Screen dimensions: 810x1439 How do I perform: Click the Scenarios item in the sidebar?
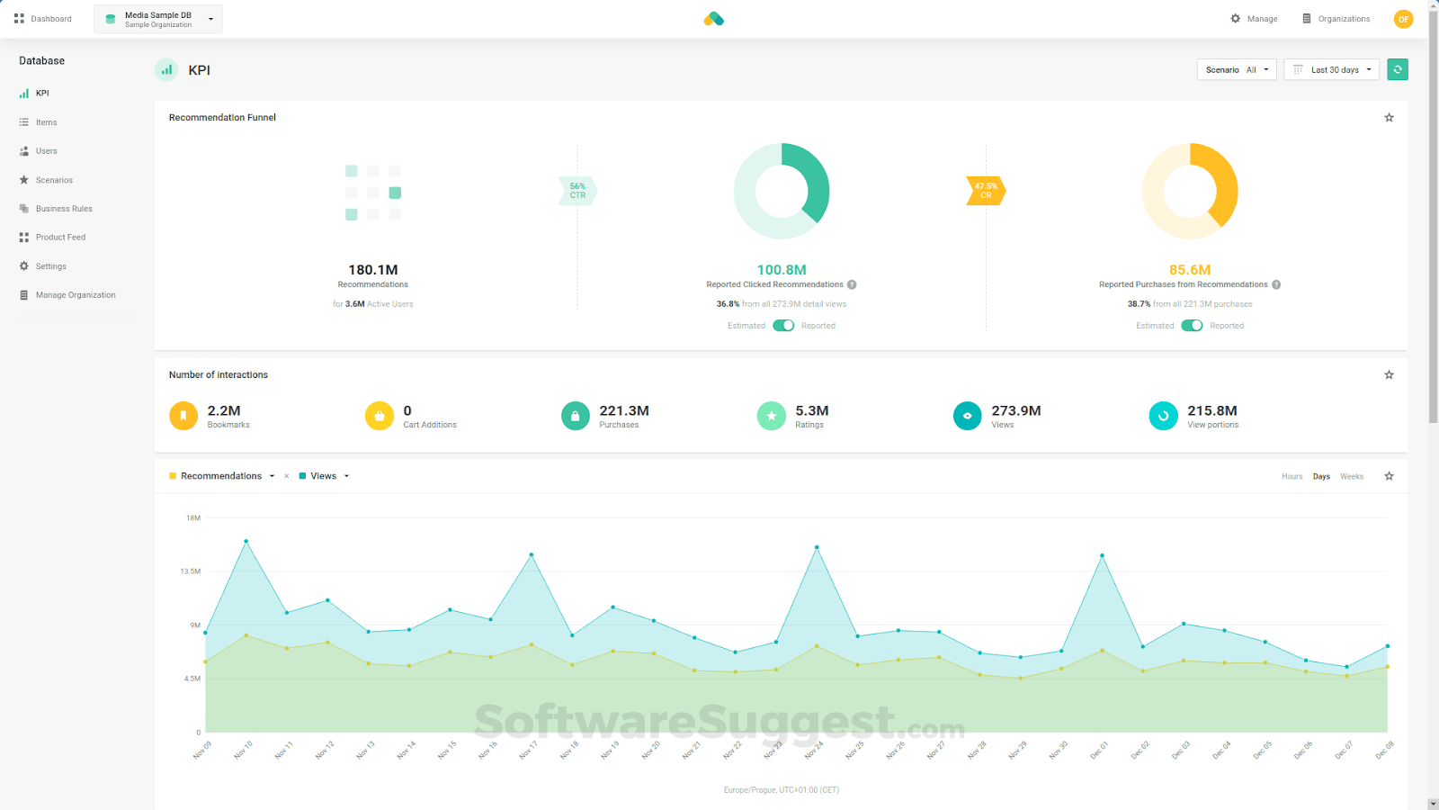pyautogui.click(x=54, y=180)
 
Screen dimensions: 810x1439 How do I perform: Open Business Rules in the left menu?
pyautogui.click(x=63, y=209)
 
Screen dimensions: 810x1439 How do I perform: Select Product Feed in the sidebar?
pyautogui.click(x=60, y=238)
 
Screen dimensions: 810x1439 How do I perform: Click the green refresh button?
pyautogui.click(x=1398, y=69)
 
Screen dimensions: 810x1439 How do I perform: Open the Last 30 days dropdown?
pyautogui.click(x=1331, y=69)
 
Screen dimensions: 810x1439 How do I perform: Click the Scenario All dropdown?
pyautogui.click(x=1236, y=69)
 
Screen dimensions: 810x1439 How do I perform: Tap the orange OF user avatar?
pyautogui.click(x=1403, y=19)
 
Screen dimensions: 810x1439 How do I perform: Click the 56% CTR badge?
pyautogui.click(x=577, y=191)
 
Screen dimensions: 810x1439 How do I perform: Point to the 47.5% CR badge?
pyautogui.click(x=986, y=191)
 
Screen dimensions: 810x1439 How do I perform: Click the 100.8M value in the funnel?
pyautogui.click(x=782, y=270)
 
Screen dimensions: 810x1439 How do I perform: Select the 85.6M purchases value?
pyautogui.click(x=1190, y=270)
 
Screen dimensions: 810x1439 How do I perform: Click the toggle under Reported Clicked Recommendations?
pyautogui.click(x=783, y=326)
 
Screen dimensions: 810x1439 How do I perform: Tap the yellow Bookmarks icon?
pyautogui.click(x=183, y=416)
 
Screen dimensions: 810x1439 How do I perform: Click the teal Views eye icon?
pyautogui.click(x=967, y=416)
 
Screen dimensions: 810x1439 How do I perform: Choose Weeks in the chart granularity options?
pyautogui.click(x=1352, y=477)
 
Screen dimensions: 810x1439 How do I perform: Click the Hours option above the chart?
pyautogui.click(x=1292, y=477)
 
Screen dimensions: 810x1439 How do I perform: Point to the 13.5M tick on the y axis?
pyautogui.click(x=191, y=571)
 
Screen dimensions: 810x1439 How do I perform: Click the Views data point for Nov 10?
pyautogui.click(x=246, y=541)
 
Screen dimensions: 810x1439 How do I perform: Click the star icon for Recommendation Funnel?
pyautogui.click(x=1389, y=118)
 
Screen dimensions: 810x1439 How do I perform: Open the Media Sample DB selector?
pyautogui.click(x=158, y=19)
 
